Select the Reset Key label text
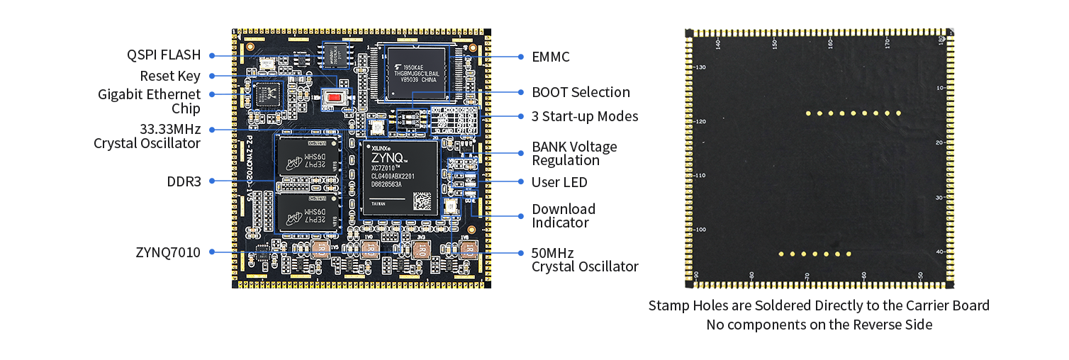[170, 76]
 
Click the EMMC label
[551, 57]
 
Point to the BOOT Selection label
[581, 92]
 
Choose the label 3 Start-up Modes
[585, 116]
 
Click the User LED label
[559, 182]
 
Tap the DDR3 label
[184, 182]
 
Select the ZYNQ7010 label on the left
[168, 252]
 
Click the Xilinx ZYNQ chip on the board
[399, 177]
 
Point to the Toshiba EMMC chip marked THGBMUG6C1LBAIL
[415, 71]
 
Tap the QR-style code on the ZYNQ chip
[423, 201]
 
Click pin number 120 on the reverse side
[700, 122]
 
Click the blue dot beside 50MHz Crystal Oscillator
[520, 252]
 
